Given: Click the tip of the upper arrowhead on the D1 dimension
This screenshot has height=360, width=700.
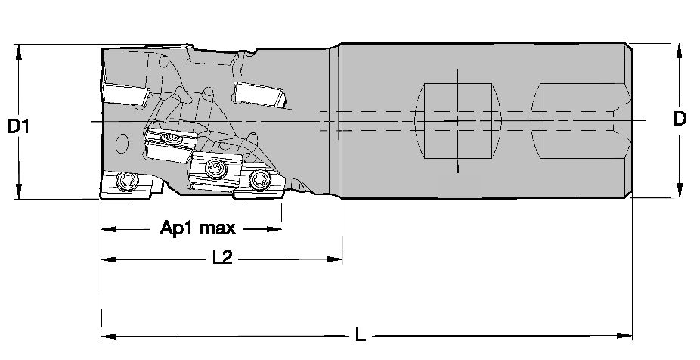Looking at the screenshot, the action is click(18, 45).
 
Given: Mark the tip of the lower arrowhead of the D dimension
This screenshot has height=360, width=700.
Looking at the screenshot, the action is click(679, 197).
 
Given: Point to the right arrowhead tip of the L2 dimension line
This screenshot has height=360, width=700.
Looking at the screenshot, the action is click(342, 259).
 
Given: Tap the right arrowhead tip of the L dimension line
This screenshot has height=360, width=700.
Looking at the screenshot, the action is click(632, 336).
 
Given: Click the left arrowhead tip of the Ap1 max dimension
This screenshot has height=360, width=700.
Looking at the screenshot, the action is click(102, 230).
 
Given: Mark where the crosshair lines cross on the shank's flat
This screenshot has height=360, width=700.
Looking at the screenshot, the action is click(458, 120).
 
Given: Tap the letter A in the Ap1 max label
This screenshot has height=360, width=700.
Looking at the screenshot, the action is click(166, 228).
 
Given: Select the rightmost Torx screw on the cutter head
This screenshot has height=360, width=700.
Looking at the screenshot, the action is click(260, 179).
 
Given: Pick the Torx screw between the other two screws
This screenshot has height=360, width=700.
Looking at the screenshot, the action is click(215, 169).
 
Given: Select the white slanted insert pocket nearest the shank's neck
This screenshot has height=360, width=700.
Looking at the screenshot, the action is click(260, 95).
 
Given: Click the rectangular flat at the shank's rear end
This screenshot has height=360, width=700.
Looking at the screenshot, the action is click(580, 120).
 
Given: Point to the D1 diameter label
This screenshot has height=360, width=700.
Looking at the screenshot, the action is click(18, 127).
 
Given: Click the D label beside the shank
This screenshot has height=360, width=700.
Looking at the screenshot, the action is click(680, 119).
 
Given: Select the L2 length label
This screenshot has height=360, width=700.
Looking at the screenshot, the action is click(222, 257).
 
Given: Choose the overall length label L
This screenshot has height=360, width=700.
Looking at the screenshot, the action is click(361, 334).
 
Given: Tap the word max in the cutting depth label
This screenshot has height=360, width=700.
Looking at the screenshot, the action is click(218, 229).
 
